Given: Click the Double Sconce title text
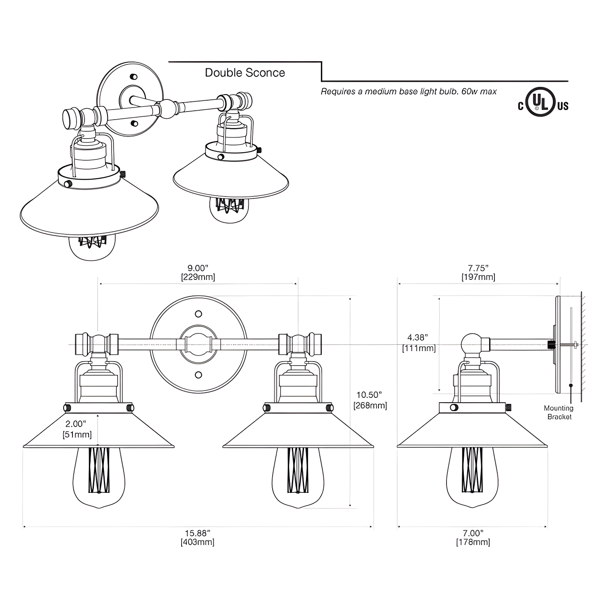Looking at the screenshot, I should tap(245, 73).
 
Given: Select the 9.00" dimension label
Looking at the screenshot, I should tap(198, 273).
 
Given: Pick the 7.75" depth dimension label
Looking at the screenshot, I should tap(478, 273).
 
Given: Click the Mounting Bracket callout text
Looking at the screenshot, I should tap(558, 412).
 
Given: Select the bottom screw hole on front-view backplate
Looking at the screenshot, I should tap(198, 375).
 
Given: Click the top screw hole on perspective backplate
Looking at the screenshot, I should tap(134, 77).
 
